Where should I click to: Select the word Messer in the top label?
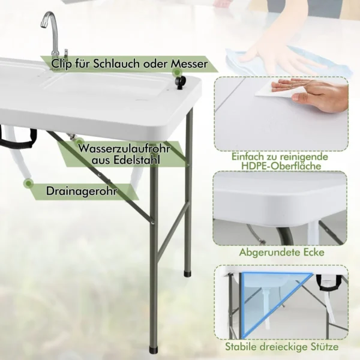(x=189, y=64)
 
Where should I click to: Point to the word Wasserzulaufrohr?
(x=124, y=148)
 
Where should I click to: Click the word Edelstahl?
(x=137, y=160)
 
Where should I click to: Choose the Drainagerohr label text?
(x=82, y=191)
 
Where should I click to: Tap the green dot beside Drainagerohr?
(x=28, y=184)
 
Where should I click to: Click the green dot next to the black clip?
(x=176, y=72)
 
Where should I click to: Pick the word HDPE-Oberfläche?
(x=281, y=166)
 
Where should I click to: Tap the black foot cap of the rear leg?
(x=188, y=274)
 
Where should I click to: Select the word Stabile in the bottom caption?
(x=242, y=347)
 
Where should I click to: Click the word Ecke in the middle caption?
(x=314, y=253)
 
